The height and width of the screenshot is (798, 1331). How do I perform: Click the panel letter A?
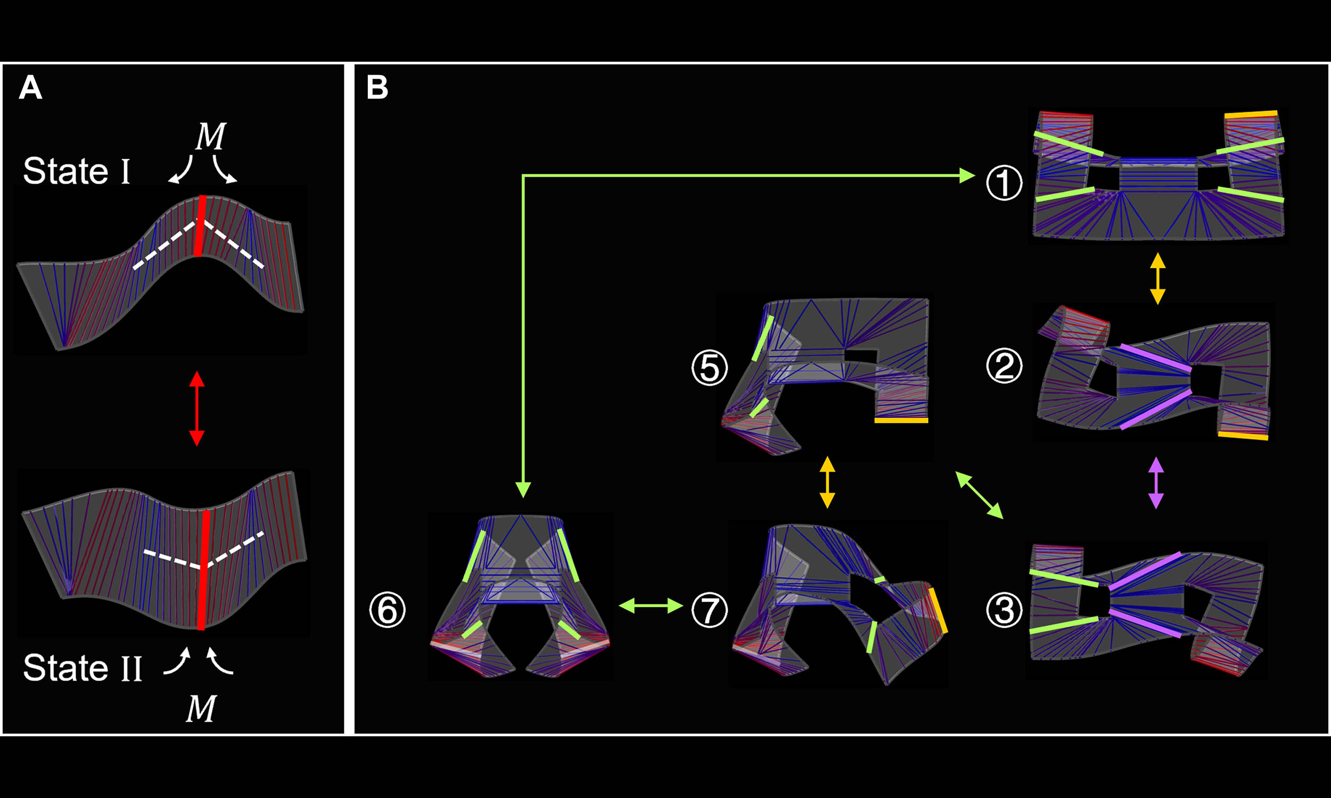[x=30, y=87]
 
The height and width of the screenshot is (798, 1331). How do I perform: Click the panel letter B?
[x=377, y=87]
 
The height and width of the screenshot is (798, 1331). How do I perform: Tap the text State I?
[x=77, y=171]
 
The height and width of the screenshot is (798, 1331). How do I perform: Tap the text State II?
[x=83, y=667]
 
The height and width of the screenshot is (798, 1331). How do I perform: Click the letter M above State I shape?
[x=210, y=137]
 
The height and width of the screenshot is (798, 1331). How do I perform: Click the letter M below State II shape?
[x=201, y=708]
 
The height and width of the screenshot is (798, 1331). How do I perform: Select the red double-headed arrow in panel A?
[x=197, y=409]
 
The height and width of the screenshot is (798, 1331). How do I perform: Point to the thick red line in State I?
[x=200, y=226]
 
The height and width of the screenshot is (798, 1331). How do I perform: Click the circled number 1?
[x=1004, y=183]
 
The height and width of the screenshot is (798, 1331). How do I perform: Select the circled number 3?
[x=1004, y=610]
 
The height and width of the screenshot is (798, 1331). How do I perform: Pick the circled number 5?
[x=710, y=368]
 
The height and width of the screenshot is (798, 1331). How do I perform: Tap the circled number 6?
[x=388, y=610]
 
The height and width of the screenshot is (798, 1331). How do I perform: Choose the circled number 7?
[x=710, y=610]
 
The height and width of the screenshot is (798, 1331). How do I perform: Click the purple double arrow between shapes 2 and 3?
[x=1156, y=483]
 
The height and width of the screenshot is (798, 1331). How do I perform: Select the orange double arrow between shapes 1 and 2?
[x=1158, y=279]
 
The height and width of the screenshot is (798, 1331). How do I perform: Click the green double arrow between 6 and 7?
[x=651, y=605]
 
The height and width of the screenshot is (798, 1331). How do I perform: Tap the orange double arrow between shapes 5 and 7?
[x=827, y=483]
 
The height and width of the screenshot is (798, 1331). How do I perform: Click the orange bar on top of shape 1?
[x=1251, y=114]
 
